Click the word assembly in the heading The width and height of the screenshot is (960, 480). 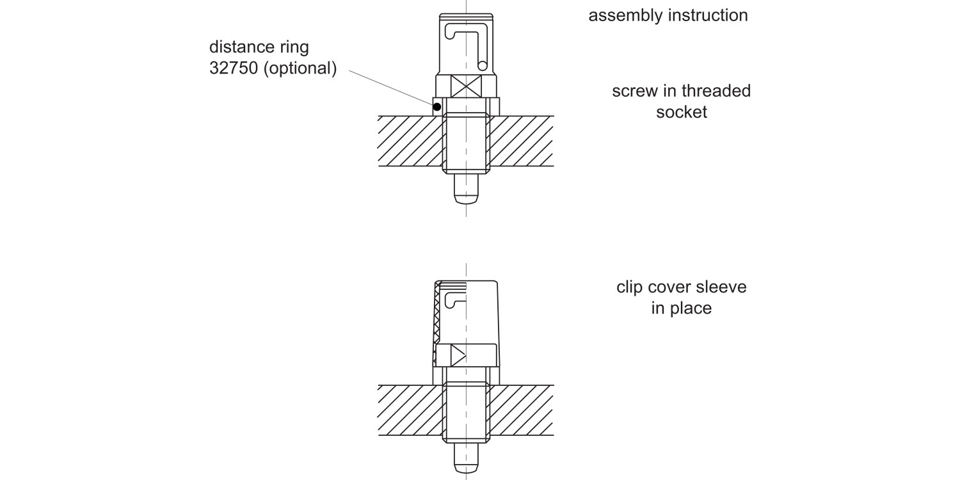[x=625, y=15]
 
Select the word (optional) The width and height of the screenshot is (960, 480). [x=300, y=68]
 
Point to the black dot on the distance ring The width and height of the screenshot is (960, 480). [x=437, y=107]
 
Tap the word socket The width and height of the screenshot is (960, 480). [x=682, y=112]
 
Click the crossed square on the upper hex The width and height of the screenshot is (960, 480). [x=467, y=86]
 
